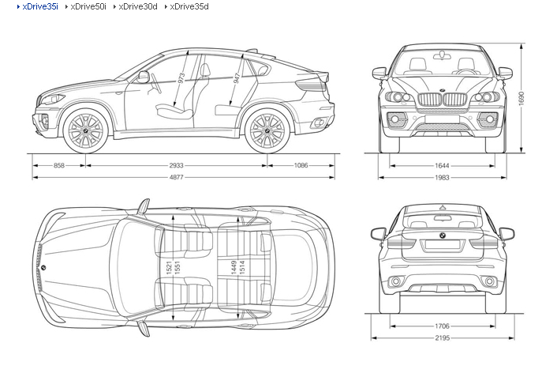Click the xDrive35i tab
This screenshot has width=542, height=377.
39,6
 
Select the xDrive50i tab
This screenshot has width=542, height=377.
88,6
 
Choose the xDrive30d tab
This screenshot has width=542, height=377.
138,6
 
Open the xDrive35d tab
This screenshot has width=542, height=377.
189,6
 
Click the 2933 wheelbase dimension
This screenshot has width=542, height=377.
176,165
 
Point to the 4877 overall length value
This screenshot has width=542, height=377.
176,177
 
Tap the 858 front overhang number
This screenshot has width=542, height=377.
59,165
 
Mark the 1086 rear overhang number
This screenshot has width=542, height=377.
301,165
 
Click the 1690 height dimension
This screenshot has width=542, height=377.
521,99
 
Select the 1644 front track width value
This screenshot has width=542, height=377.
442,165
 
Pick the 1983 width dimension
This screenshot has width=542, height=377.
442,177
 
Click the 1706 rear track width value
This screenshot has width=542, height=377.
442,326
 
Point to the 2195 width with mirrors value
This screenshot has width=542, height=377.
442,337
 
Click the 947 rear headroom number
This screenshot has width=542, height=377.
237,77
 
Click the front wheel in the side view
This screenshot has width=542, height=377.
85,130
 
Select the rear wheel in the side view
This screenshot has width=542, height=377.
267,130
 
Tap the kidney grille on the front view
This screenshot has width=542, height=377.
442,100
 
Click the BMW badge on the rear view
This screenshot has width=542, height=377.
442,236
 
